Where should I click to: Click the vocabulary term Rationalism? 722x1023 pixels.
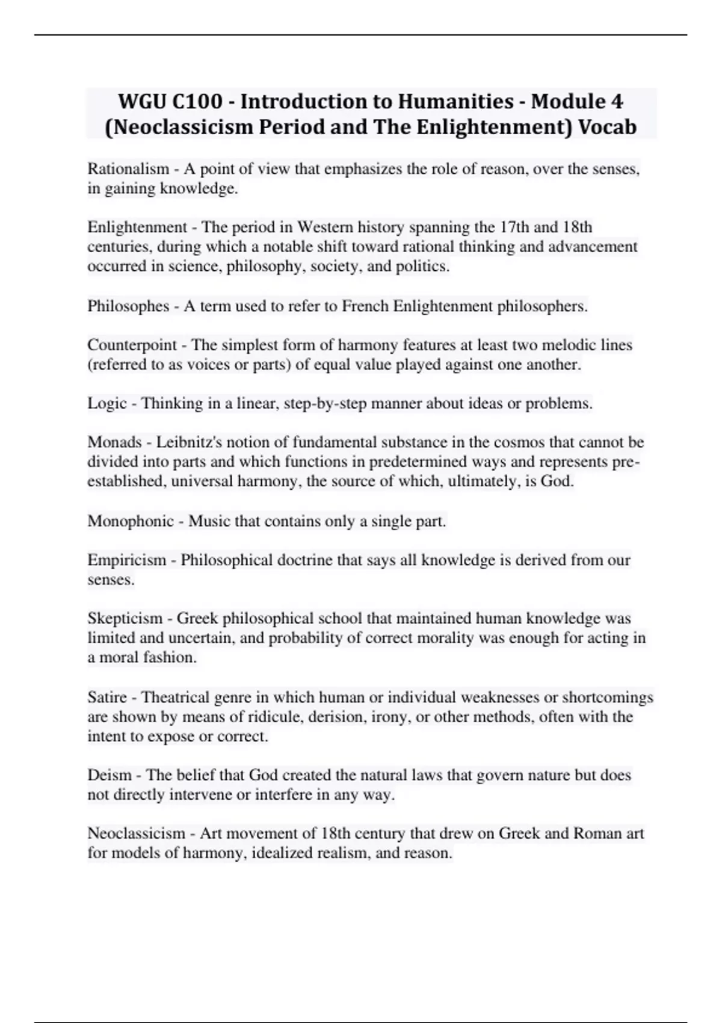[x=128, y=169]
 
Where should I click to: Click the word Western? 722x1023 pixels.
[x=326, y=227]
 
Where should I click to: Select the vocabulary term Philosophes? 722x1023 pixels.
[x=128, y=306]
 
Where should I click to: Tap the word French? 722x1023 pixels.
[x=365, y=306]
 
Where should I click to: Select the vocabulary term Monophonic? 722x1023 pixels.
[x=131, y=521]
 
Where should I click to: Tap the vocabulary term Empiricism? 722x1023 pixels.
[x=126, y=560]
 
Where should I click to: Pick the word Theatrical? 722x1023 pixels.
[x=179, y=697]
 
